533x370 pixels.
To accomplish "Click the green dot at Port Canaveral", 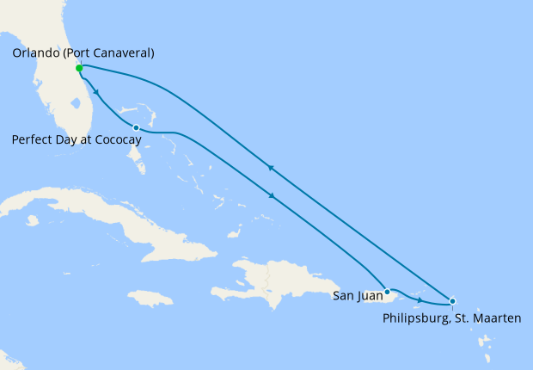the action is tap(79, 68).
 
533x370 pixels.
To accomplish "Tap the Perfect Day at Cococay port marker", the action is tap(137, 128).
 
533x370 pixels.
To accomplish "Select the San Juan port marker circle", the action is tap(388, 292).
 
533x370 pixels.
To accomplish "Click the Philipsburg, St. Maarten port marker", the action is tap(453, 301).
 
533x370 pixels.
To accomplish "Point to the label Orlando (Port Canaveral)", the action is tap(83, 53).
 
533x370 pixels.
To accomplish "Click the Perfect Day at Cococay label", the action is tap(77, 139).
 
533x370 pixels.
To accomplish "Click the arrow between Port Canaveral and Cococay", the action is tap(96, 92).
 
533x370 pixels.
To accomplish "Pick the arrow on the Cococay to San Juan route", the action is tap(273, 196).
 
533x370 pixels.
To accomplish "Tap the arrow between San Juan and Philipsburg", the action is tap(420, 299).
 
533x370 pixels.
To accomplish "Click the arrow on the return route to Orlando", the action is tap(271, 168).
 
